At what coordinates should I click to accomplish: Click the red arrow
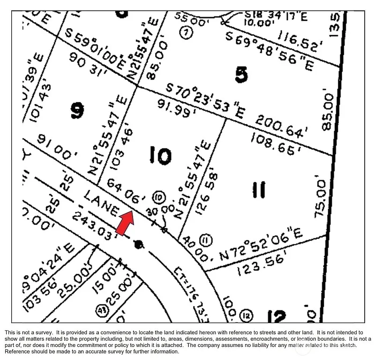click(x=124, y=223)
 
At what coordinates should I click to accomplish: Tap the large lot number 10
click(x=160, y=156)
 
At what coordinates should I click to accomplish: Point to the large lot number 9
click(x=77, y=111)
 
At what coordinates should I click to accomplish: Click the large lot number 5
click(x=241, y=75)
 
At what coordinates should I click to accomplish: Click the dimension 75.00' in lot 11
click(x=320, y=197)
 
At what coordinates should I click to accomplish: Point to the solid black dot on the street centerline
click(x=138, y=244)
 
